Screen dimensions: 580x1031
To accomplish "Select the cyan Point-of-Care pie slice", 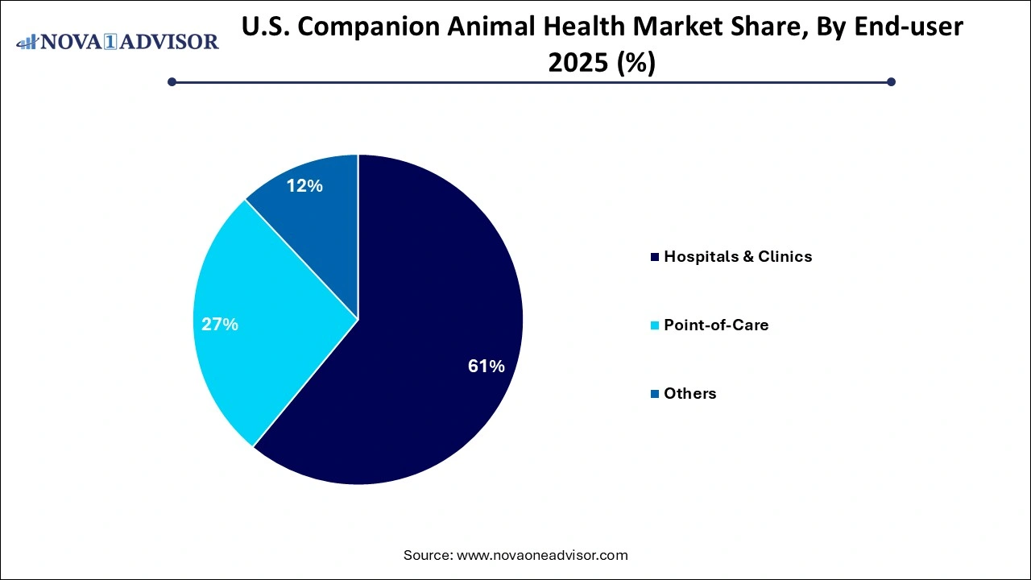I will click(266, 322).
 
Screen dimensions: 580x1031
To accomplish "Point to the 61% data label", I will click(487, 367).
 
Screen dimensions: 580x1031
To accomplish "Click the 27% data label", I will click(220, 325).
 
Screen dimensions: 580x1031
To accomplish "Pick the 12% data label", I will click(304, 186).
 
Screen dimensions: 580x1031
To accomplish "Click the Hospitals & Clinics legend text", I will click(738, 257).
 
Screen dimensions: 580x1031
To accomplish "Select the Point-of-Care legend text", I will click(716, 325).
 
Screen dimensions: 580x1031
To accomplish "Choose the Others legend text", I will click(689, 394).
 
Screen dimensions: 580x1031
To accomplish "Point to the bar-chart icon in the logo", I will click(27, 40).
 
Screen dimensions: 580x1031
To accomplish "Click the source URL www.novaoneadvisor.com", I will click(542, 555).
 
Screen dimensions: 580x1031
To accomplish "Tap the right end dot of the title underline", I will click(891, 81).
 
